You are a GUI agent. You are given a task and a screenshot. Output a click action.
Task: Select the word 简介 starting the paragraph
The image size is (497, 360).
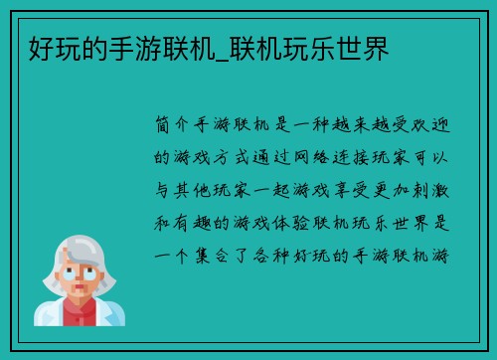click(168, 127)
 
